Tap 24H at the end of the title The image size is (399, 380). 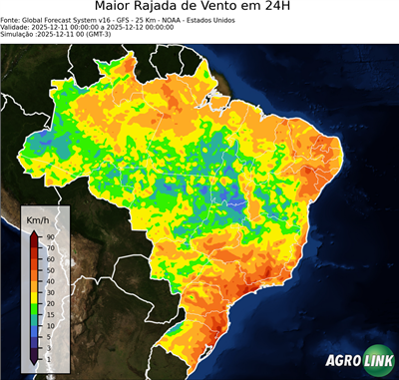click(x=318, y=9)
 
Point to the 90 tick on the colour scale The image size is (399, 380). click(x=50, y=236)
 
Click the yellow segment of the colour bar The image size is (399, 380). click(x=35, y=286)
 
